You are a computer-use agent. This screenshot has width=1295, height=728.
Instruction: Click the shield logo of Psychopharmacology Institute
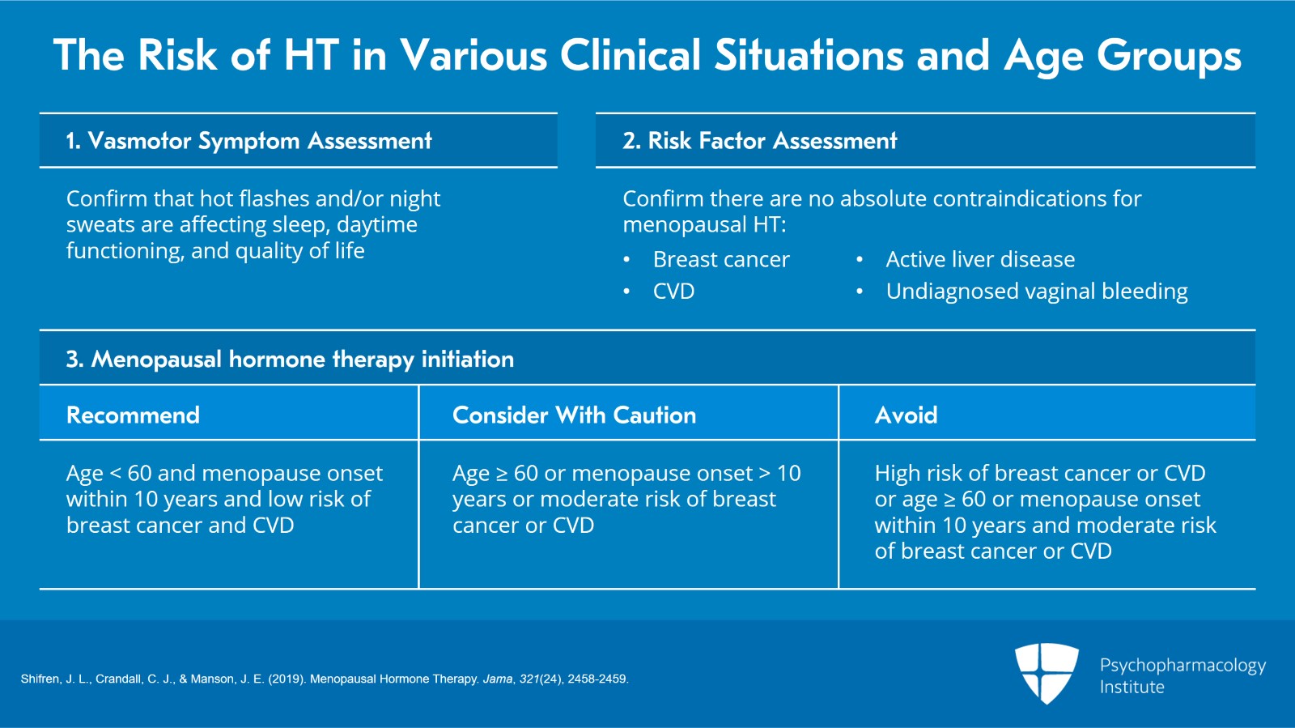coord(1047,673)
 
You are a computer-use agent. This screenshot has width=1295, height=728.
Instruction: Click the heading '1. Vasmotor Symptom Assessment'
coord(248,141)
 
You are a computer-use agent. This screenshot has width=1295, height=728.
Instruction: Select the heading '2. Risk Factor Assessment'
coord(759,141)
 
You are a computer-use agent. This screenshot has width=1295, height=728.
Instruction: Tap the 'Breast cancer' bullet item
coord(720,259)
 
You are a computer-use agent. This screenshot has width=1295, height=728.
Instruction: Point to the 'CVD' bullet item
coord(673,292)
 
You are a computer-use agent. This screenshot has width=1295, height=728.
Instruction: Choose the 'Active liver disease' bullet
coord(979,259)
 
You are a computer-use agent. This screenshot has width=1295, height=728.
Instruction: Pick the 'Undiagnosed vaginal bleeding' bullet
coord(1036,292)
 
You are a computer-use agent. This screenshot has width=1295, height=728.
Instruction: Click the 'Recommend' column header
coord(133,415)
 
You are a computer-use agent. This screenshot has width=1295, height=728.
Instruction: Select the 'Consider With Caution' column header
coord(574,415)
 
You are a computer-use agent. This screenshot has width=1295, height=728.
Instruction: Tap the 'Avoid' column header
coord(906,415)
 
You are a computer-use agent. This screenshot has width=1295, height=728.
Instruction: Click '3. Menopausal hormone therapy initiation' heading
coord(290,359)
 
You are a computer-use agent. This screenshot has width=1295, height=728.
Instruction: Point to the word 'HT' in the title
coord(311,55)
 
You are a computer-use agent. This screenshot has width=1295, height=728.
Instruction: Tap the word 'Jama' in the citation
coord(497,679)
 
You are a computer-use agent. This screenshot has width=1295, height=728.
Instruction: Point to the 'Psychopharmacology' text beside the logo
coord(1182,666)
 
